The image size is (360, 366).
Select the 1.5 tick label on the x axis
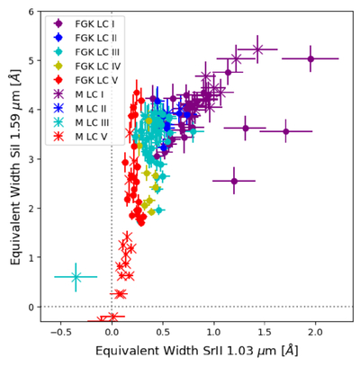pyautogui.click(x=265, y=332)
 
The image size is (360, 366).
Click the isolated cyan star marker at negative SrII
pyautogui.click(x=76, y=277)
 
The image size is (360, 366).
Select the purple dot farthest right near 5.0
pyautogui.click(x=310, y=58)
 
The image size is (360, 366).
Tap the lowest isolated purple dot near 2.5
pyautogui.click(x=234, y=181)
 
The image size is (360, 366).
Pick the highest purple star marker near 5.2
pyautogui.click(x=257, y=49)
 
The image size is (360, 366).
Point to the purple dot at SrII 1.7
pyautogui.click(x=286, y=131)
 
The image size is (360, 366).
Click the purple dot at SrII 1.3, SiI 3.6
pyautogui.click(x=246, y=128)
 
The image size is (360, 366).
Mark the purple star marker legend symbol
pyautogui.click(x=58, y=94)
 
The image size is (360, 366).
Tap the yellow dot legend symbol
pyautogui.click(x=58, y=66)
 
